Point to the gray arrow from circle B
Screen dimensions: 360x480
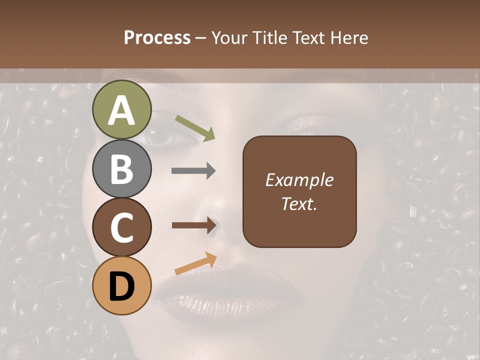point(193,171)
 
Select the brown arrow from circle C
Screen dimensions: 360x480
point(193,225)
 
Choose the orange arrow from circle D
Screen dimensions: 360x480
point(195,263)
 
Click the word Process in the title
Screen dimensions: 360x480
point(157,38)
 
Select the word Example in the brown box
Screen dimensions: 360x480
point(299,180)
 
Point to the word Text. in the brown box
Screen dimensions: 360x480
point(299,204)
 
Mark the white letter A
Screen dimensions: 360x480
point(122,111)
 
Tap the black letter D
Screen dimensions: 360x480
point(122,286)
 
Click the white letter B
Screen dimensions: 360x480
point(122,169)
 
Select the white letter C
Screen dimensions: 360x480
point(122,228)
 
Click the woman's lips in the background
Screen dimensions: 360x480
point(230,290)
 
